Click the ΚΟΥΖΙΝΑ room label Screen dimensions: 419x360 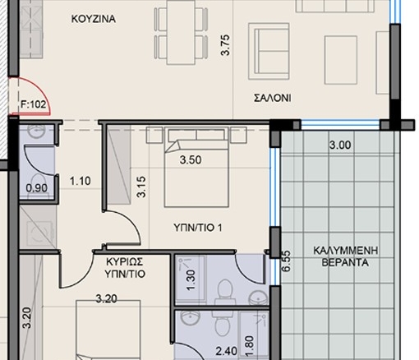[x=94, y=19]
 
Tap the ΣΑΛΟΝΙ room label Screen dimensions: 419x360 [x=273, y=98]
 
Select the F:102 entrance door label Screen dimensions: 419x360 [x=34, y=104]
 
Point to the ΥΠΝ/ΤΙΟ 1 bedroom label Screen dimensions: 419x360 [x=198, y=228]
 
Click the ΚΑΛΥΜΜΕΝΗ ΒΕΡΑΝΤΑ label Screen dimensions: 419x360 [x=345, y=256]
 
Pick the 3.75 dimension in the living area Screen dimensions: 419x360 [x=226, y=45]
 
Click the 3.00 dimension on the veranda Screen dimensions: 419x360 [x=340, y=145]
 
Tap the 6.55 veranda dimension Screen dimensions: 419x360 [x=287, y=261]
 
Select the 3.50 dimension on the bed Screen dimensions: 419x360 [x=191, y=159]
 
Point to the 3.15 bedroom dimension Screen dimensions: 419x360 [x=141, y=187]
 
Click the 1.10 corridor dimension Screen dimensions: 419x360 [x=80, y=181]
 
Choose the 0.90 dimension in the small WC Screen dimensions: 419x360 [x=37, y=188]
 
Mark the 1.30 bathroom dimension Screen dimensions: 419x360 [x=191, y=280]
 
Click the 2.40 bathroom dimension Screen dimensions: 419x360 [x=227, y=351]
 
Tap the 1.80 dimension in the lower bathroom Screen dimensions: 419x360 [x=250, y=346]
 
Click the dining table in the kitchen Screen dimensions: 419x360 [x=181, y=32]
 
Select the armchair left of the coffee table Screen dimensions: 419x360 [x=269, y=51]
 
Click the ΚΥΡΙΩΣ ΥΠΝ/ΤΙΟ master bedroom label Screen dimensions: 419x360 [x=125, y=268]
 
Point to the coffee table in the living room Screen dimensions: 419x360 [x=341, y=60]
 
